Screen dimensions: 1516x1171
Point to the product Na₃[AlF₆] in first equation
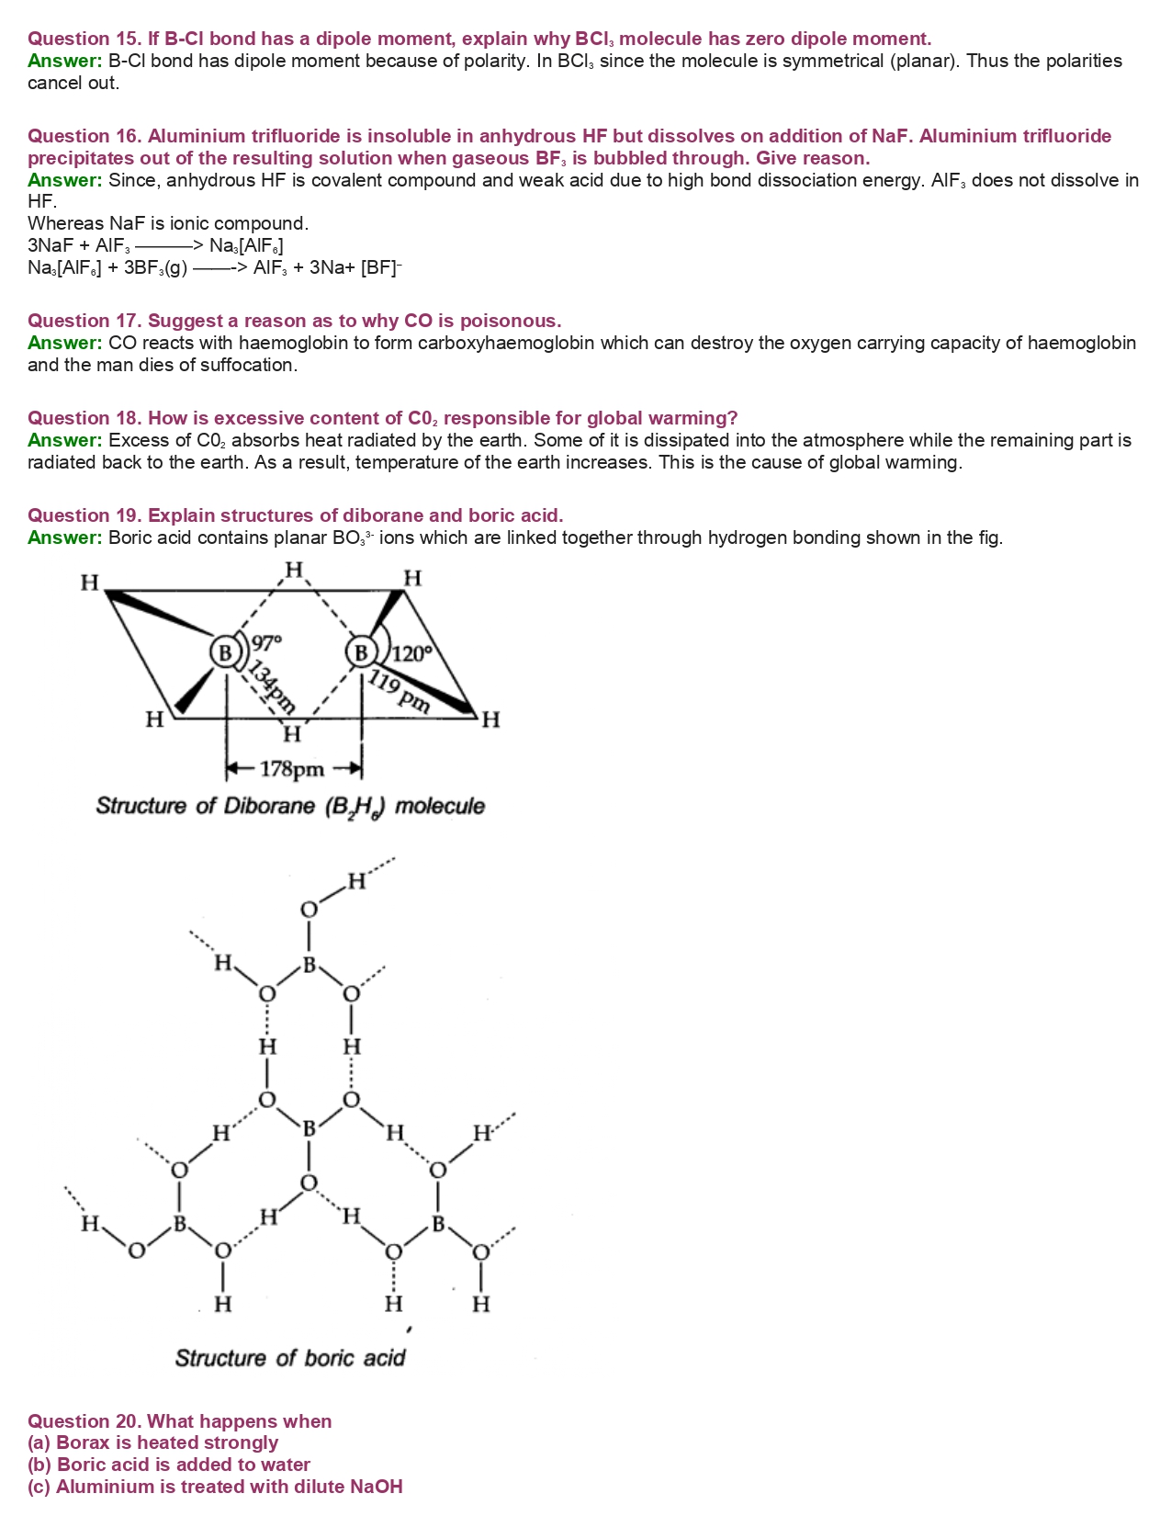[x=246, y=246]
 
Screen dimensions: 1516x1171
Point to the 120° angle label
[x=411, y=653]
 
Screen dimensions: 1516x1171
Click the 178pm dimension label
[x=292, y=769]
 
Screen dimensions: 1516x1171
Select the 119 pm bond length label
[x=399, y=691]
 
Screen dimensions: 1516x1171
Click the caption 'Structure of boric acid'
[x=290, y=1358]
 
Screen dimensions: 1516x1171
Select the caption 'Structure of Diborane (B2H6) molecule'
[x=290, y=807]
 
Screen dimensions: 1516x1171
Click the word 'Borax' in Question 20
[x=83, y=1442]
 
